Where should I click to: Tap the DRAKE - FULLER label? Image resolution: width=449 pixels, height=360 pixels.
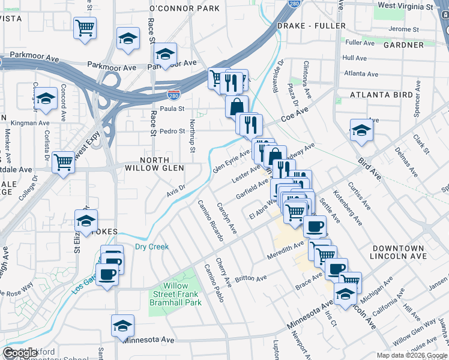pyautogui.click(x=311, y=26)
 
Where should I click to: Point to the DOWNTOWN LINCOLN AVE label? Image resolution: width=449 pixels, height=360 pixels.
pyautogui.click(x=398, y=252)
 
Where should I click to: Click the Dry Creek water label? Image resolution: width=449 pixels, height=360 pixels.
pyautogui.click(x=152, y=247)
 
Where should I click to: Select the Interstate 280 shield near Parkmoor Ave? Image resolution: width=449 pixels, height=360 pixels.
pyautogui.click(x=173, y=95)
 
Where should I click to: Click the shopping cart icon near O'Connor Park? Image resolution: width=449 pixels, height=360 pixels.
pyautogui.click(x=85, y=27)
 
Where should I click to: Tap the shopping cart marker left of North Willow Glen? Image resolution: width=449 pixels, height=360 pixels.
pyautogui.click(x=64, y=161)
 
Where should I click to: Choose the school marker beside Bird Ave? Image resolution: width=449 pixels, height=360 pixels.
pyautogui.click(x=361, y=130)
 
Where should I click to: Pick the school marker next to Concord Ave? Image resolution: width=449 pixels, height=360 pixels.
pyautogui.click(x=46, y=99)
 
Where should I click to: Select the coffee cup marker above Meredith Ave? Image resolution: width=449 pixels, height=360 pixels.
pyautogui.click(x=315, y=226)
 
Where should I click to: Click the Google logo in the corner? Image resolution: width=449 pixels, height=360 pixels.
pyautogui.click(x=20, y=353)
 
